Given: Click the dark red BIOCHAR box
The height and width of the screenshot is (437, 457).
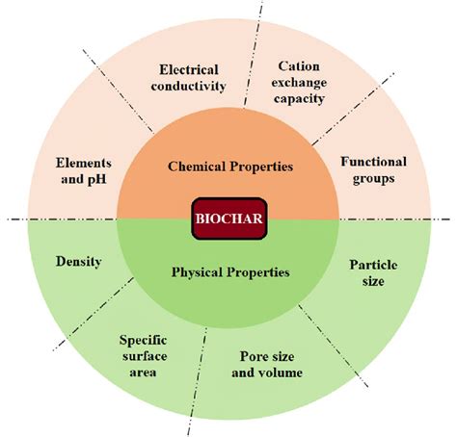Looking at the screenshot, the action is (229, 218).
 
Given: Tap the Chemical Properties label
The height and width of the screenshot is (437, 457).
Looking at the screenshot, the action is (230, 167).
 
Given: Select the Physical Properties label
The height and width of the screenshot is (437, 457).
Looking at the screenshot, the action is (230, 272).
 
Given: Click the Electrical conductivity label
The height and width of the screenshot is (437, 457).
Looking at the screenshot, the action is (189, 78).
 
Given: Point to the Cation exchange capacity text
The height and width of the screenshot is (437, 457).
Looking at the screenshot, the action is (299, 83).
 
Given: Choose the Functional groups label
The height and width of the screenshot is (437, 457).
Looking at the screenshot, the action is (373, 170).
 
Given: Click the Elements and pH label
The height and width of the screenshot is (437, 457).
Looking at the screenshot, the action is (84, 171).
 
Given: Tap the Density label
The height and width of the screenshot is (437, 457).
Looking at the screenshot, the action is (79, 262).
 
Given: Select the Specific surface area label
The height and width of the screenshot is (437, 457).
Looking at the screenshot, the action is (144, 356).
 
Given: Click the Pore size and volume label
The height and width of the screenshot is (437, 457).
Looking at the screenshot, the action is (267, 365).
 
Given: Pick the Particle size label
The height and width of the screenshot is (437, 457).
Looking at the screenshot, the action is (373, 273).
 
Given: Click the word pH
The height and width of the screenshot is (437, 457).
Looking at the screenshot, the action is (97, 179).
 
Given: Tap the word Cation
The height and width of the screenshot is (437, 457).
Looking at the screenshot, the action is (299, 66).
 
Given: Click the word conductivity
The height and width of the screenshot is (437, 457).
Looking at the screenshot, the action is (189, 86).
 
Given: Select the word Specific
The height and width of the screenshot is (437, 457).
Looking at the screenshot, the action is (144, 341).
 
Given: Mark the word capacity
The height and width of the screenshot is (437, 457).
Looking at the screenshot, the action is (299, 99).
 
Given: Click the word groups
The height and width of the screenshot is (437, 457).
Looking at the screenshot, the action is (373, 179).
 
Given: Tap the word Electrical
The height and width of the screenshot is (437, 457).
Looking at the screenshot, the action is (189, 70).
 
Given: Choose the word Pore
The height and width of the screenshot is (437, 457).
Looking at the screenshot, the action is (252, 356).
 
